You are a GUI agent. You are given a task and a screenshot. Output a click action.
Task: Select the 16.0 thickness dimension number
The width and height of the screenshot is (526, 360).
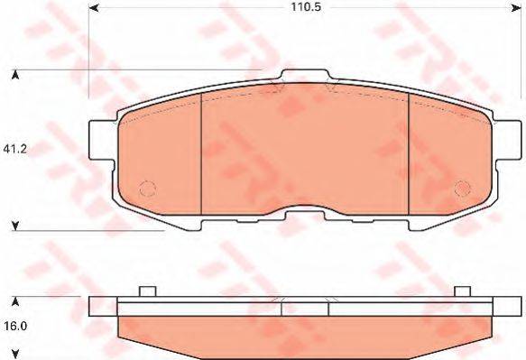coord(14,327)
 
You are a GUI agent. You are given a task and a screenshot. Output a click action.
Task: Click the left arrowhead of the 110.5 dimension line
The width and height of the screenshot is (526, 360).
coord(93,8)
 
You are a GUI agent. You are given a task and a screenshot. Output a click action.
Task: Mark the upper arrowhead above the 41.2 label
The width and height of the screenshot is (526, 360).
coord(14,73)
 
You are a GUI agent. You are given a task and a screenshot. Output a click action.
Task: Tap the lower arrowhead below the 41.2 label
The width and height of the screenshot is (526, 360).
coord(14,225)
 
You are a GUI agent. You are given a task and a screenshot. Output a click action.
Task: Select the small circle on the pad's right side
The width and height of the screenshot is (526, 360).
coord(462,188)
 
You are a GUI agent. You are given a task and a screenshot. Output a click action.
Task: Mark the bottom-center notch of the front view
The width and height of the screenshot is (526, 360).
coord(305,212)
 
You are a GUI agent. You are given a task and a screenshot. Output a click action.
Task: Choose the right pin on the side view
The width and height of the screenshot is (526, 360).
coord(462,291)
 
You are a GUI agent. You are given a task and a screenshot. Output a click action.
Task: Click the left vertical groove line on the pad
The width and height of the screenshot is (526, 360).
coord(199,153)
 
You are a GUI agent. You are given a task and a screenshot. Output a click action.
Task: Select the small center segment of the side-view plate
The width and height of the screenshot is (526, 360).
coord(305,307)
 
